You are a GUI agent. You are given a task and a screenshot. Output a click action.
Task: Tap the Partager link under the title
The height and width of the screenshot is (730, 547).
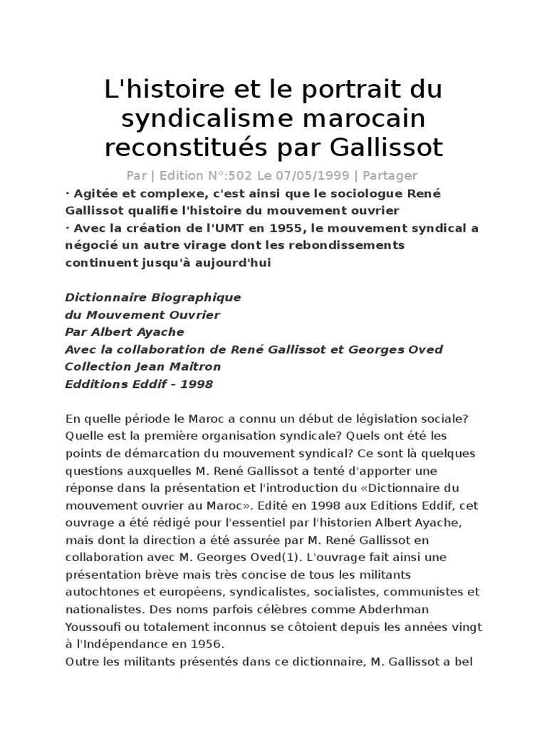click(x=389, y=175)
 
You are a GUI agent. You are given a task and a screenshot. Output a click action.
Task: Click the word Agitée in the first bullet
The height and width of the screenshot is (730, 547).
click(x=93, y=194)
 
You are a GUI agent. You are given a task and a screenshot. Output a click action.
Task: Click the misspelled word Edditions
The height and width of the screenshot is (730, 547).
click(x=96, y=384)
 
